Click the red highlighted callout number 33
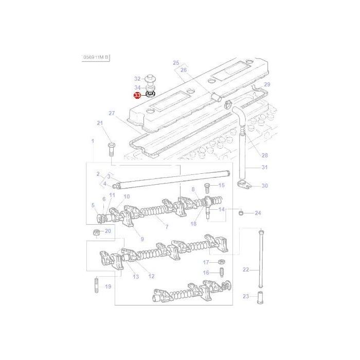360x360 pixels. (137, 95)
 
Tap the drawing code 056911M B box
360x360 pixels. (96, 58)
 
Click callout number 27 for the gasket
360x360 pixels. (111, 113)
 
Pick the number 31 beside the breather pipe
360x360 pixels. (264, 167)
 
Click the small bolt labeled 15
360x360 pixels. (207, 186)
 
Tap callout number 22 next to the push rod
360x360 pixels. (246, 269)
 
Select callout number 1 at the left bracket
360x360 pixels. (93, 141)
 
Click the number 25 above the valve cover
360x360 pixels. (176, 63)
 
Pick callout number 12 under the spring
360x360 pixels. (151, 276)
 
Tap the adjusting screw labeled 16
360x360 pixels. (222, 273)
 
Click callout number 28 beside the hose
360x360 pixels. (264, 155)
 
